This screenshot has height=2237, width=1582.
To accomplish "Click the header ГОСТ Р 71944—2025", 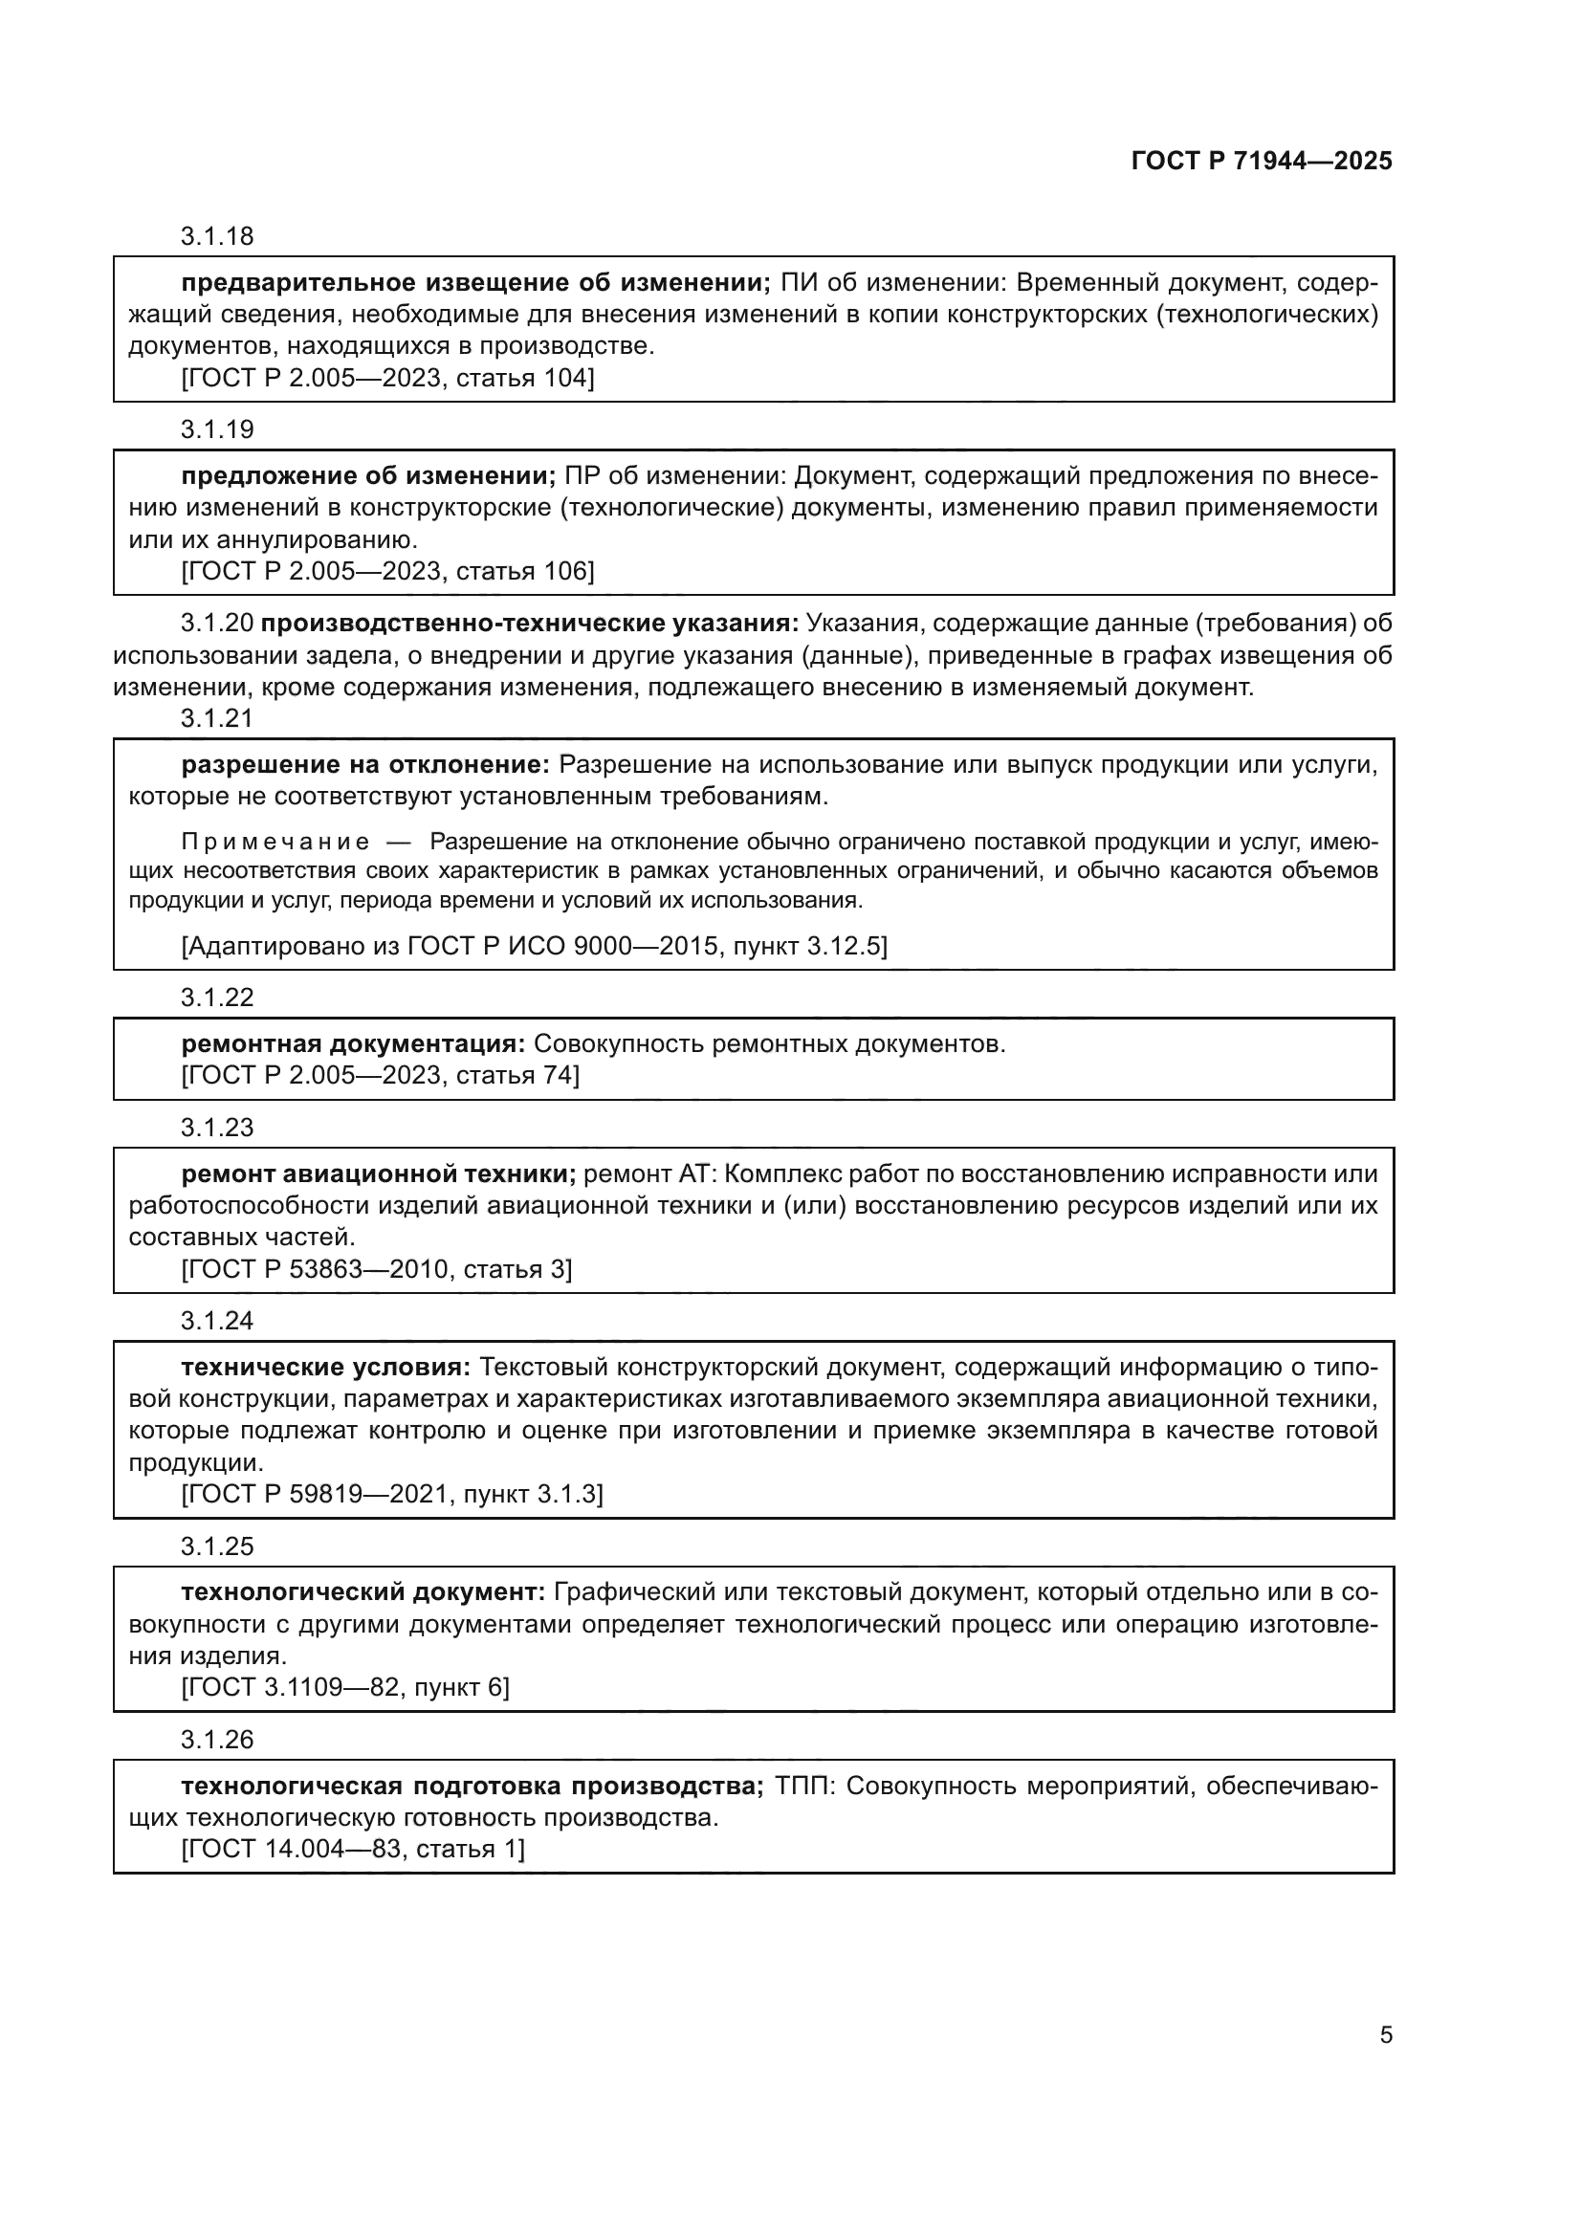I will pos(1262,161).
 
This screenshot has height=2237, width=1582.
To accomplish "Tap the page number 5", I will pos(1385,2034).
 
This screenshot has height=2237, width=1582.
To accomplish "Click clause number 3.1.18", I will pos(216,236).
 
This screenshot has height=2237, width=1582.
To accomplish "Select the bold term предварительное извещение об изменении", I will pos(475,282).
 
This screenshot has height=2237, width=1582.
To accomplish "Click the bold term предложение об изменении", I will pos(368,475).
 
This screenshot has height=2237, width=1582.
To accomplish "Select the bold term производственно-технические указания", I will pos(530,623).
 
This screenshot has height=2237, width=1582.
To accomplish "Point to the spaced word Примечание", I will pos(275,841).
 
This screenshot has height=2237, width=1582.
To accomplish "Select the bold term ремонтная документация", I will pos(353,1043).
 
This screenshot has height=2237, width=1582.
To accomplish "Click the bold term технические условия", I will pos(325,1367).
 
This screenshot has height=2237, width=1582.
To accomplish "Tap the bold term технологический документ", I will pos(363,1592).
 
